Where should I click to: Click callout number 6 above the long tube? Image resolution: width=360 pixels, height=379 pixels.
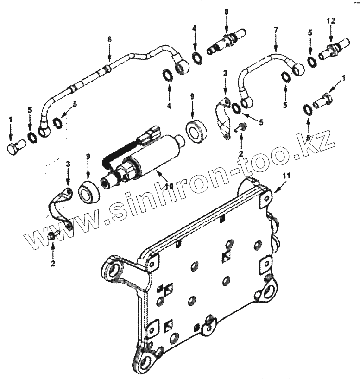[110, 40]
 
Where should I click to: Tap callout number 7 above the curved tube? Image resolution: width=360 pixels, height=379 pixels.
[276, 29]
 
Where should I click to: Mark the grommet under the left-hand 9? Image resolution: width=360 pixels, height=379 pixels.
[88, 192]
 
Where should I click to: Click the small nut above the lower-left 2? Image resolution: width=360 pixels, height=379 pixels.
[52, 237]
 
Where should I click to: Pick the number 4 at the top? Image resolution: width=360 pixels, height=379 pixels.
[195, 29]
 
